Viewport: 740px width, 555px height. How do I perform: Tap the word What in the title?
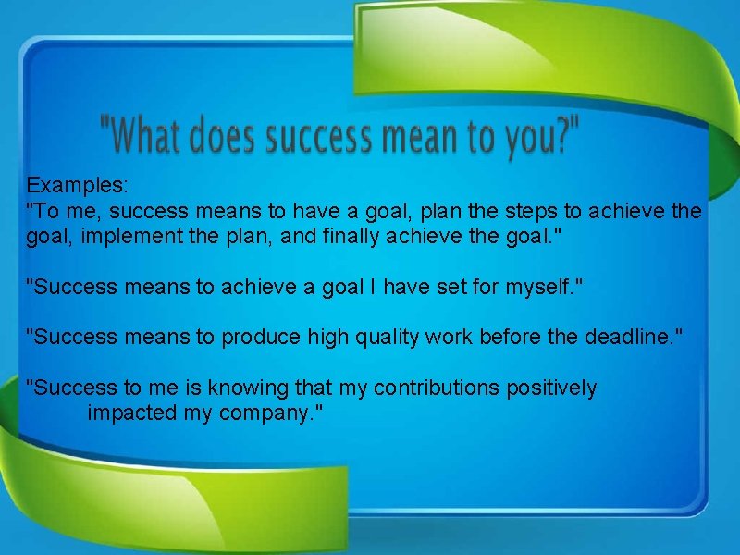pyautogui.click(x=149, y=138)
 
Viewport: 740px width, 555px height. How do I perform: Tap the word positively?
pyautogui.click(x=551, y=388)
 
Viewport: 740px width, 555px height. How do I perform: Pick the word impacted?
pyautogui.click(x=131, y=413)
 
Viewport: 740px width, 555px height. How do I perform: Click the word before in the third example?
pyautogui.click(x=512, y=338)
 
